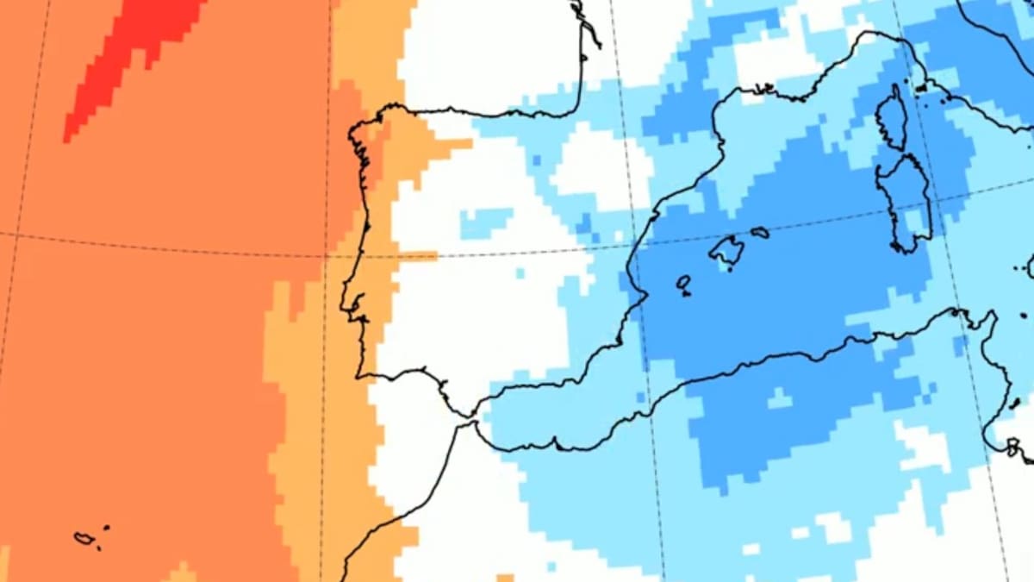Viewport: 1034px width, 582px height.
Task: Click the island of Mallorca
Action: (x=726, y=250)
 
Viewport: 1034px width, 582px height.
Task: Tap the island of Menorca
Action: (x=759, y=232)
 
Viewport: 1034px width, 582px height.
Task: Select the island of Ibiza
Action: (x=683, y=282)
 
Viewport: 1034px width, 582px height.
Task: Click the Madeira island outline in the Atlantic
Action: (x=84, y=538)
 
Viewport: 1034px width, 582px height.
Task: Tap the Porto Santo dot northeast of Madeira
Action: (x=106, y=527)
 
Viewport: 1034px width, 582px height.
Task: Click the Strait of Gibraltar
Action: (x=473, y=421)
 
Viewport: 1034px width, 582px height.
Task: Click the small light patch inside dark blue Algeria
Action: (x=779, y=398)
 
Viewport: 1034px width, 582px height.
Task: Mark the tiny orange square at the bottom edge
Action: (x=505, y=578)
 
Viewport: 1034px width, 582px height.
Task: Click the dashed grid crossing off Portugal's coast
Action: (x=326, y=256)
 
